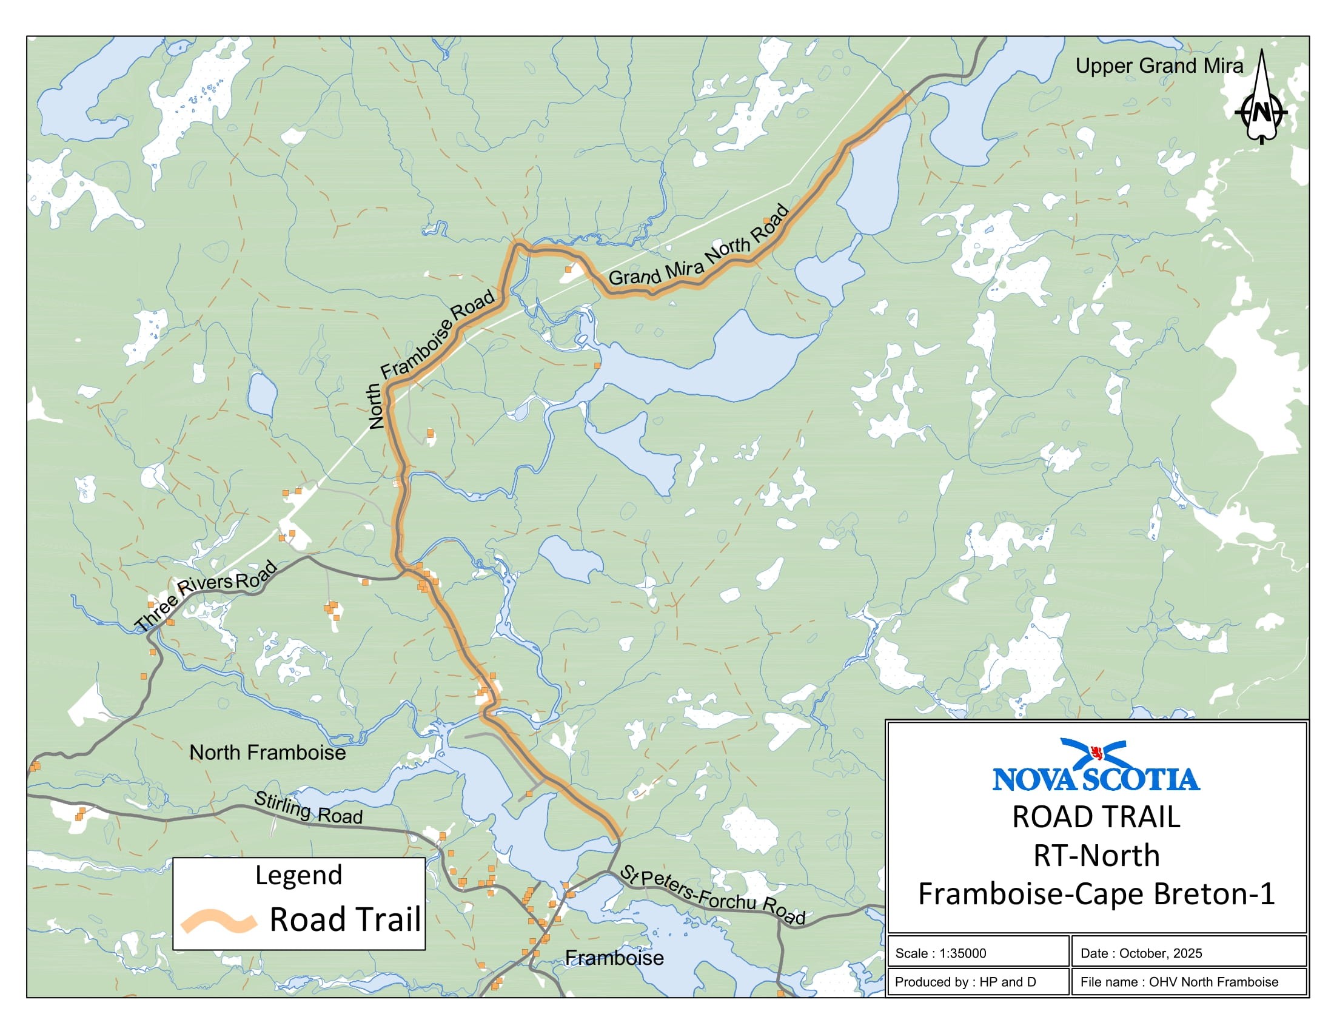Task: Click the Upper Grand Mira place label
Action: [1159, 66]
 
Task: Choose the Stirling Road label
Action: [308, 808]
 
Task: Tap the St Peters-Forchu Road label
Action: [712, 895]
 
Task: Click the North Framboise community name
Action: [267, 753]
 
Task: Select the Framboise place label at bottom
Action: [614, 958]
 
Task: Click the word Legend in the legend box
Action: [299, 875]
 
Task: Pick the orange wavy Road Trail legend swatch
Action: [218, 921]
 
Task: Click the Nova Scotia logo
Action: [1096, 766]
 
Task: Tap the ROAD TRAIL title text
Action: [1096, 818]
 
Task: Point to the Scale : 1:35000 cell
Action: [977, 953]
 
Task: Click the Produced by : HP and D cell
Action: [977, 981]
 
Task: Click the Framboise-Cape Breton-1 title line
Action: [1096, 894]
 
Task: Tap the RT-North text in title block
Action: [1096, 856]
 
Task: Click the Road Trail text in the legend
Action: [345, 920]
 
